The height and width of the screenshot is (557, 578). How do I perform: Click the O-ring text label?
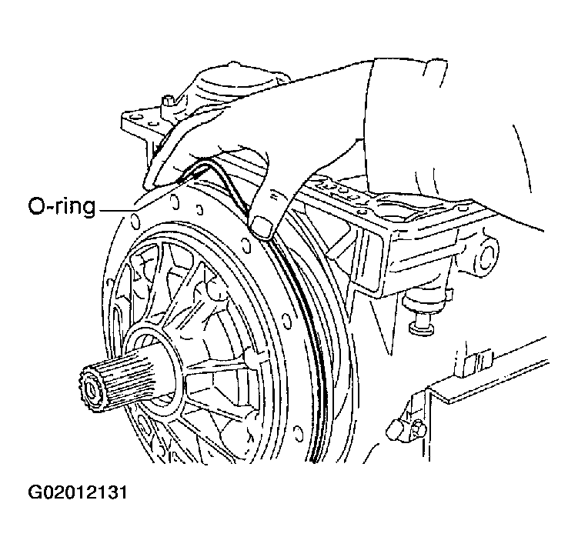[x=62, y=207]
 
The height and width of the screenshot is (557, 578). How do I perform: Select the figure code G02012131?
[x=78, y=492]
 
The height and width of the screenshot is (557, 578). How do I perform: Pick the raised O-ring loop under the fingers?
[x=214, y=177]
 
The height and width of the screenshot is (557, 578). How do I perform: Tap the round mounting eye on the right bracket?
[x=486, y=253]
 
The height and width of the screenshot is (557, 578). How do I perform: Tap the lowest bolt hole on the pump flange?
[x=296, y=432]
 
